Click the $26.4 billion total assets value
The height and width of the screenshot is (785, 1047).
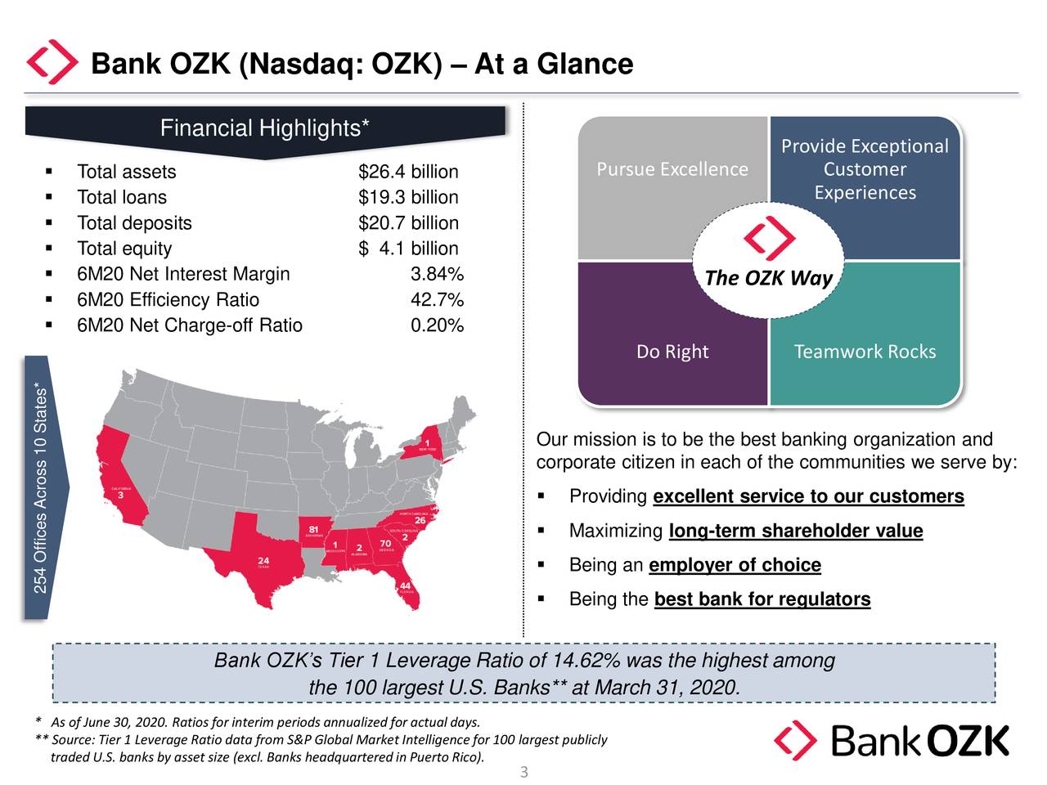coord(408,172)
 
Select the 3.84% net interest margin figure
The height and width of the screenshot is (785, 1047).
coord(437,274)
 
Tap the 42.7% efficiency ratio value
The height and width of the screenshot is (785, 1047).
coord(437,300)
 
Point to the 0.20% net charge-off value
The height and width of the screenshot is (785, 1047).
coord(437,325)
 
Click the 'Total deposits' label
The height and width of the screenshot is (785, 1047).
coord(134,223)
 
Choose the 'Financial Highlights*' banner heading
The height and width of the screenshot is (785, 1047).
coord(264,128)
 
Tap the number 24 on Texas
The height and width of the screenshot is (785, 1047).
coord(263,560)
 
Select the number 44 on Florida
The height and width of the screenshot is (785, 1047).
coord(405,585)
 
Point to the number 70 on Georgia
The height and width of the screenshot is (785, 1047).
coord(385,544)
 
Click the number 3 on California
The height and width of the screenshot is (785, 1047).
coord(121,495)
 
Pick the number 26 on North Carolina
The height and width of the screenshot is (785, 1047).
coord(420,520)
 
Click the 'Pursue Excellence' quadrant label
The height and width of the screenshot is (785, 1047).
coord(672,169)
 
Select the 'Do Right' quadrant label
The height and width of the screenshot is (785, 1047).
coord(672,352)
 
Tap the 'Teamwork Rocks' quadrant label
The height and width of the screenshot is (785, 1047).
coord(865,352)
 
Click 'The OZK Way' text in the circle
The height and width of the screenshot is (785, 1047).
coord(768,278)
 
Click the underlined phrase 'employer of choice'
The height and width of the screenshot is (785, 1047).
coord(735,565)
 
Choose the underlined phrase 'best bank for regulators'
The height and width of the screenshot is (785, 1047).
coord(762,599)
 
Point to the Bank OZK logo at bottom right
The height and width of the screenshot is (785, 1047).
coord(892,741)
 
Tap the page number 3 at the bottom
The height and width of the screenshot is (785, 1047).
coord(524,772)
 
